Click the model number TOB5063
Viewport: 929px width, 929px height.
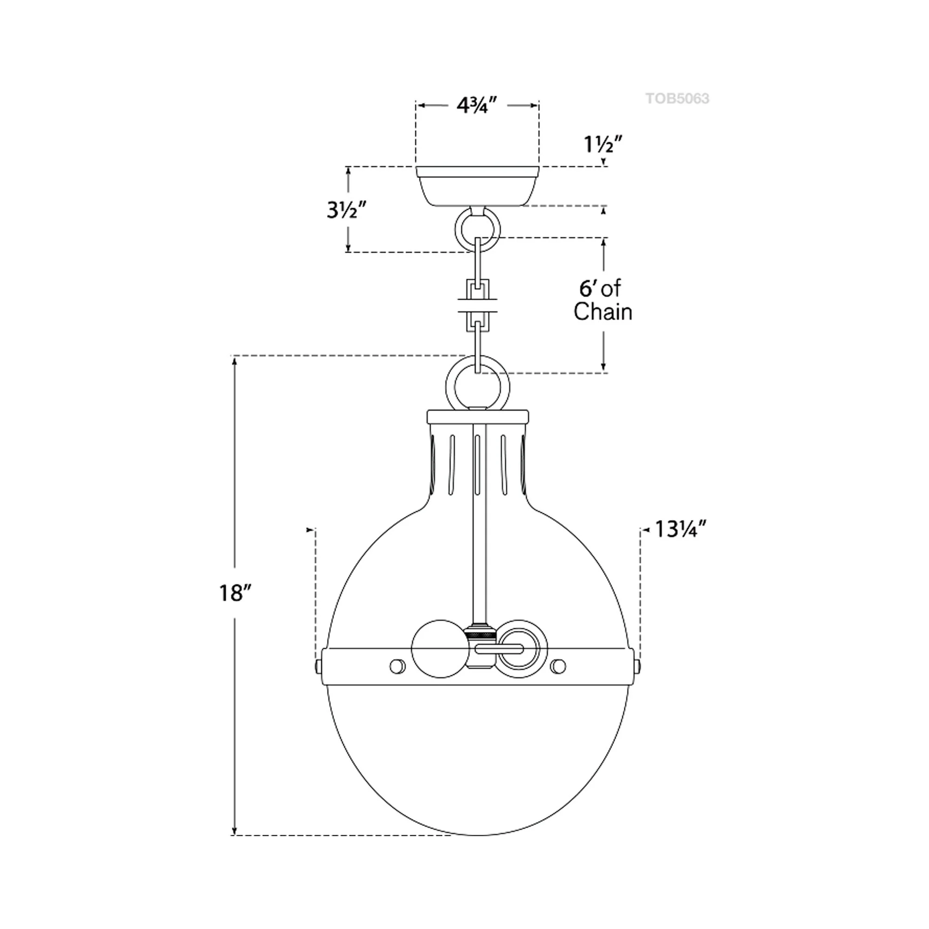tap(677, 98)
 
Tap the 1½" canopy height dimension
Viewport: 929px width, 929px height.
tap(603, 144)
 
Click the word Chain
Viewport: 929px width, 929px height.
tap(602, 312)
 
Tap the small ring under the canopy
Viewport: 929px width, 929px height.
tap(477, 230)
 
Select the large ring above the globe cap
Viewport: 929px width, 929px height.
tap(477, 386)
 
